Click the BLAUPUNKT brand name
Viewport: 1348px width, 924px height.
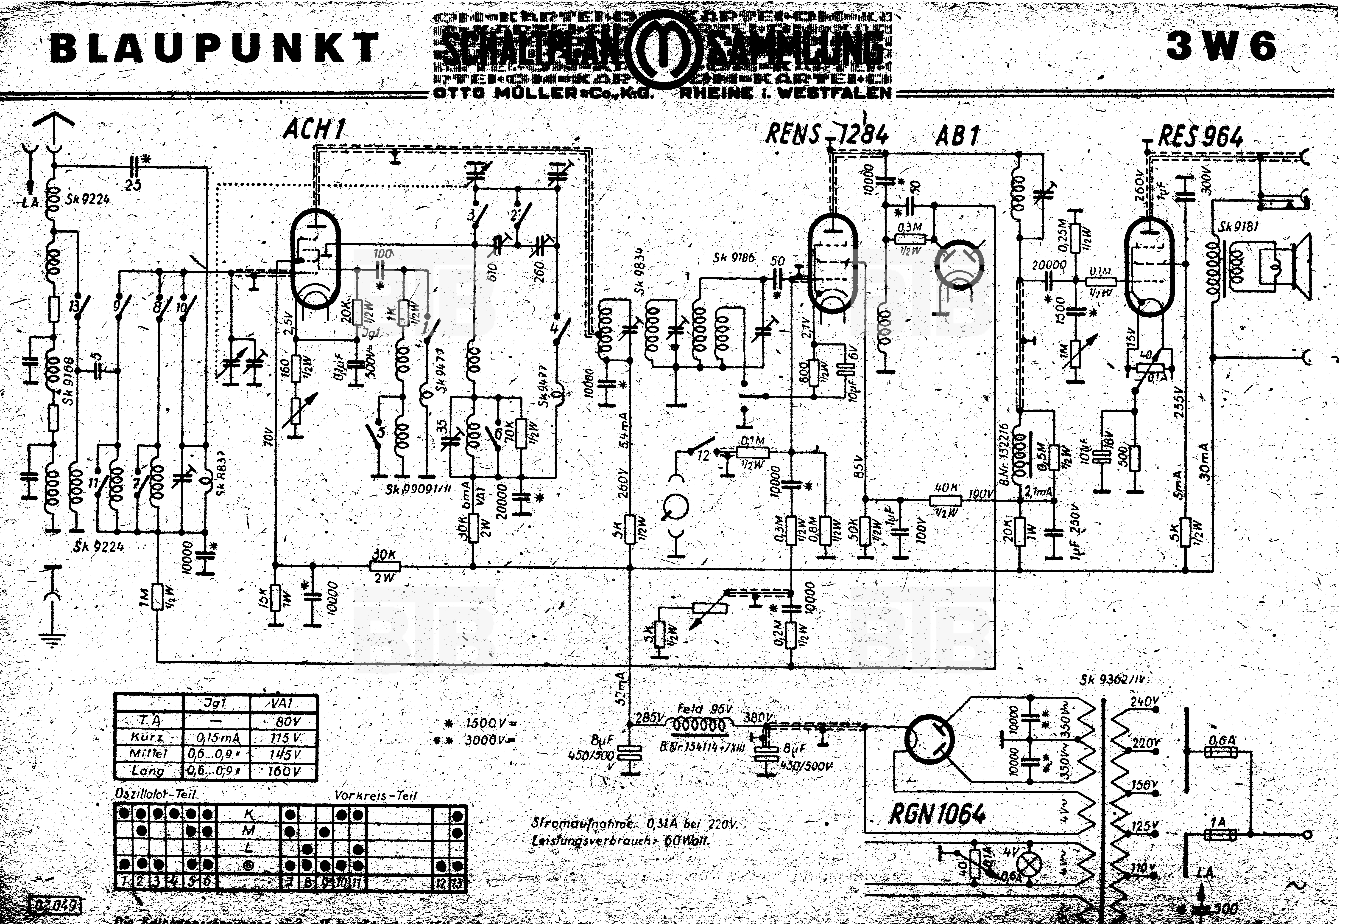click(x=215, y=48)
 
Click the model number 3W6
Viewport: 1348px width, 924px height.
click(x=1221, y=46)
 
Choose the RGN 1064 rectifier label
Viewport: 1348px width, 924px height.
click(x=937, y=814)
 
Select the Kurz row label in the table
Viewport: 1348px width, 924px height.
click(x=148, y=737)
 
